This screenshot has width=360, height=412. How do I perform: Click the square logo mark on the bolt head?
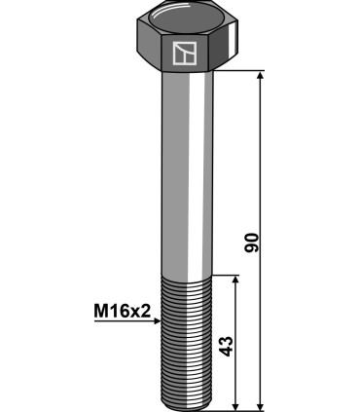pyautogui.click(x=183, y=53)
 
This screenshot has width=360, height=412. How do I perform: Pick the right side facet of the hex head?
pyautogui.click(x=223, y=52)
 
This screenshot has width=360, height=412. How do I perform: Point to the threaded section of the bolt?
pyautogui.click(x=183, y=341)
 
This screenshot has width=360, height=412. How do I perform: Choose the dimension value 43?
pyautogui.click(x=227, y=347)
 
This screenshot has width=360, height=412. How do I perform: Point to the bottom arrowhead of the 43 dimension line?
pyautogui.click(x=235, y=403)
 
